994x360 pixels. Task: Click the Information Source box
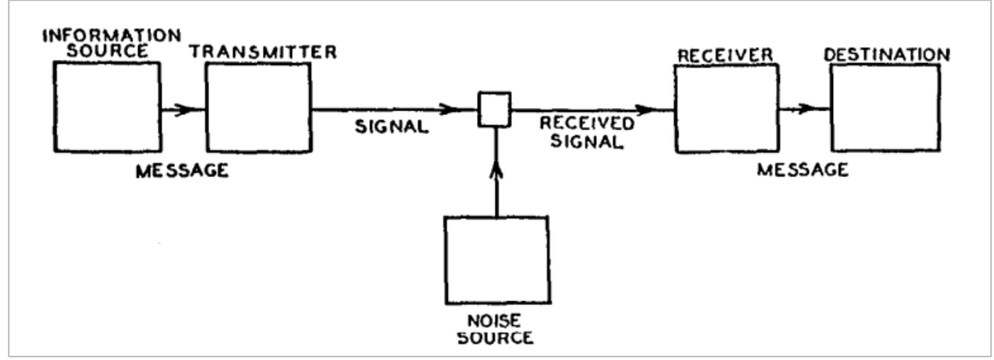coord(108,107)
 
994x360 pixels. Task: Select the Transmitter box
coord(258,108)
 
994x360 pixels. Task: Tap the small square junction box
coord(495,110)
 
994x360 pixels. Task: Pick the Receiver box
coord(727,109)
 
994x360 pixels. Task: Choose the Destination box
coord(885,108)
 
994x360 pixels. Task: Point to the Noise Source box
coord(497,260)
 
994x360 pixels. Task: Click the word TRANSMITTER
coord(263,52)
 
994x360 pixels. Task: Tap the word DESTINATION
coord(886,55)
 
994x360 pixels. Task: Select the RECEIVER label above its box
coord(726,55)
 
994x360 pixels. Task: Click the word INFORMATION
coord(112,35)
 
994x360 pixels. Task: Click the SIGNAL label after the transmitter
coord(391,127)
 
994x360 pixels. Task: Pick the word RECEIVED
coord(587,123)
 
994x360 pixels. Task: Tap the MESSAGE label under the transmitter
coord(182,170)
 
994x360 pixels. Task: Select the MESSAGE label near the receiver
coord(802,169)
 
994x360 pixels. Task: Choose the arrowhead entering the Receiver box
coord(646,110)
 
